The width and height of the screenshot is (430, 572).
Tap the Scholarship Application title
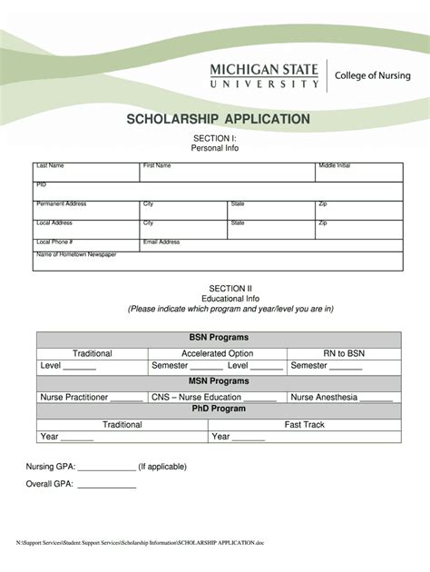click(x=218, y=119)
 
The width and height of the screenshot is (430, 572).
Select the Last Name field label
click(x=50, y=166)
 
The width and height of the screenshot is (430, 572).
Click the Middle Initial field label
click(x=334, y=166)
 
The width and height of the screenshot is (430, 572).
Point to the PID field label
click(x=41, y=184)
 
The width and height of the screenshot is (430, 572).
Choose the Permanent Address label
click(x=61, y=203)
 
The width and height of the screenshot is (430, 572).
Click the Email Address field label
click(x=161, y=242)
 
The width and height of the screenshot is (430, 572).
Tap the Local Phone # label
click(x=54, y=242)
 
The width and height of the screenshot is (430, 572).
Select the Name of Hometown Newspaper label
click(x=76, y=255)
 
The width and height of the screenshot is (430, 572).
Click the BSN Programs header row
click(x=218, y=338)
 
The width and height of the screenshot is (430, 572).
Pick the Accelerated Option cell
click(x=217, y=353)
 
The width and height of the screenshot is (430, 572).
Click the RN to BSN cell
click(x=343, y=353)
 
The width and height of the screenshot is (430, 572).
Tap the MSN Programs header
click(x=218, y=381)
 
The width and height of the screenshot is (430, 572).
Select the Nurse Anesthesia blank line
click(x=376, y=399)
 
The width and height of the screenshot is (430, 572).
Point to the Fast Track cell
click(x=304, y=424)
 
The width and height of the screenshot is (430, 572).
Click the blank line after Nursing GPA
click(x=107, y=469)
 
